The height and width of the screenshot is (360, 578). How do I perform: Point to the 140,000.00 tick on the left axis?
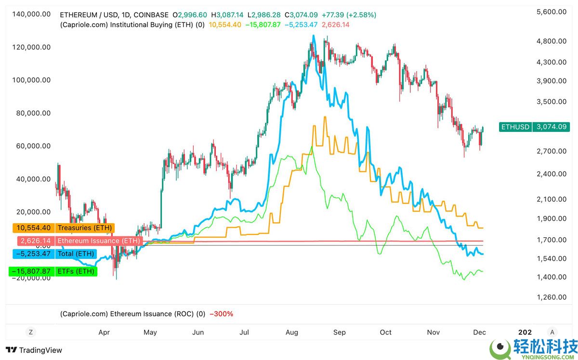point(31,14)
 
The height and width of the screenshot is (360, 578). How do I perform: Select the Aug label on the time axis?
point(292,332)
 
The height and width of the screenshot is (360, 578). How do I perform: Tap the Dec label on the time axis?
point(479,332)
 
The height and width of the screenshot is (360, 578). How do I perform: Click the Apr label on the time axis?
point(104,332)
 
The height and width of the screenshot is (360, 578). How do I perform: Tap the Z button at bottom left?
point(30,332)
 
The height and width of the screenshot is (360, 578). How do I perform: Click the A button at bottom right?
point(552,332)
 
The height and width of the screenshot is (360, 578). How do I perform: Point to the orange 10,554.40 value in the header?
point(224,25)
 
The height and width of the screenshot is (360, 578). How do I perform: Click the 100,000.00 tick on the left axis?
point(31,80)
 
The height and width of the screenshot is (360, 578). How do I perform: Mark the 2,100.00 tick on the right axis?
point(551,199)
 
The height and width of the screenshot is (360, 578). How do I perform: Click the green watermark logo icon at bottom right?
point(500,347)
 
